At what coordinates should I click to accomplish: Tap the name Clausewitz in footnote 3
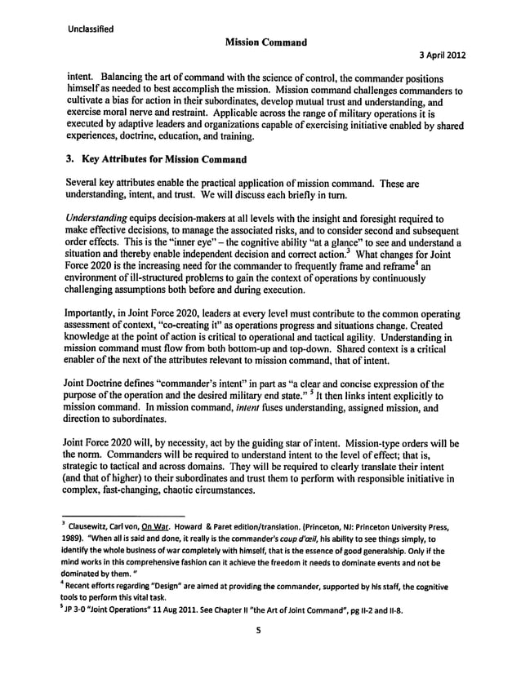[x=102, y=526]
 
